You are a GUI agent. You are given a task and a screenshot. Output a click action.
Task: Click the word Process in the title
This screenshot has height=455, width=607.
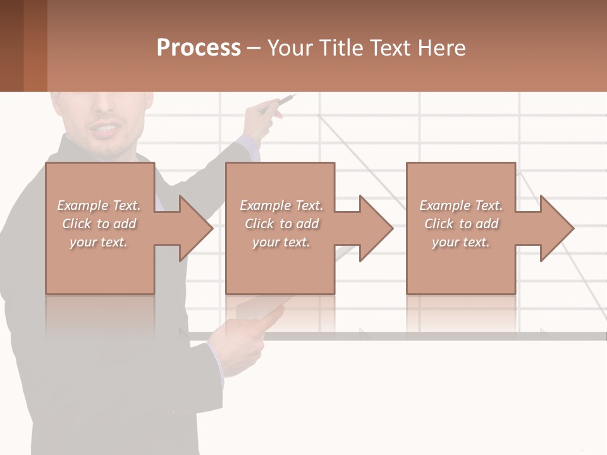[199, 48]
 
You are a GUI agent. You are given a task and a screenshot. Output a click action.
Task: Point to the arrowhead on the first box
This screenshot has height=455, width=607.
[195, 228]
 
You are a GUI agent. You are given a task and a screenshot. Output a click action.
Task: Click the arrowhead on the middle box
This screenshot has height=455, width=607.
[376, 228]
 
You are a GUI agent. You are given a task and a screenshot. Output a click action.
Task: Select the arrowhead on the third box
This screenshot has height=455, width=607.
[556, 228]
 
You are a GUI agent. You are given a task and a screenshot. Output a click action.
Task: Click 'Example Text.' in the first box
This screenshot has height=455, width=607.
[99, 205]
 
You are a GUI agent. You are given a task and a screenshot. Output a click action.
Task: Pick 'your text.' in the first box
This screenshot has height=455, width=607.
[99, 242]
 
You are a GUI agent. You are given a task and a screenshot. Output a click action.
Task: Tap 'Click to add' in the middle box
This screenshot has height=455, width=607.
[281, 224]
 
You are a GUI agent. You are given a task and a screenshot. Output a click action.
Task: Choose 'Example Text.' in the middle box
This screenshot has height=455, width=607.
[281, 205]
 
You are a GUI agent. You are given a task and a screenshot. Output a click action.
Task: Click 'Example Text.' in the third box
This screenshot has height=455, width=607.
[461, 205]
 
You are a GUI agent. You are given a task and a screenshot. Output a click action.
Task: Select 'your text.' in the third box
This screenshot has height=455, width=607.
[461, 242]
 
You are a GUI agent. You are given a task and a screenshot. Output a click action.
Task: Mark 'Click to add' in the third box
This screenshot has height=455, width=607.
[461, 224]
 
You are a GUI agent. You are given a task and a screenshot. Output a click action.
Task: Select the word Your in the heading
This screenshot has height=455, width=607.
[290, 48]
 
